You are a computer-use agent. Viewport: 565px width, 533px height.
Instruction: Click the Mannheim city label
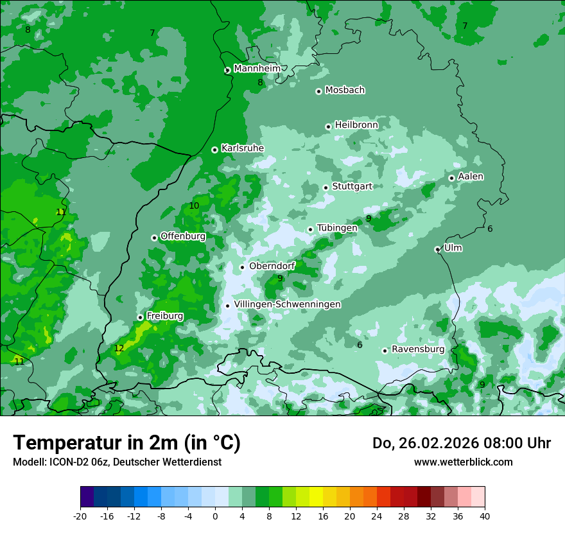[x=257, y=69]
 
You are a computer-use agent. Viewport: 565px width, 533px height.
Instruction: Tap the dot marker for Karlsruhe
[x=214, y=150]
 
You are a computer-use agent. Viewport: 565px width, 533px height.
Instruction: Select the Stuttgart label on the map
[x=352, y=187]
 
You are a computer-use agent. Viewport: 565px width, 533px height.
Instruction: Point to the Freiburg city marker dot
[x=140, y=317]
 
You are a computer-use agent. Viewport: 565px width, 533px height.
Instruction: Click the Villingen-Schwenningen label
[x=287, y=304]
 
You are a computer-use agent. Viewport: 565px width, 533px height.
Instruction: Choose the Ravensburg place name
[x=418, y=349]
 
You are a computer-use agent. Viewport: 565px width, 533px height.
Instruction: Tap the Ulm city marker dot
[x=437, y=249]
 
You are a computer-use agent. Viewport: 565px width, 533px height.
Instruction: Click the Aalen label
[x=471, y=177]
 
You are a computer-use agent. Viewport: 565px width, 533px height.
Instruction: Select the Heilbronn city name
[x=356, y=125]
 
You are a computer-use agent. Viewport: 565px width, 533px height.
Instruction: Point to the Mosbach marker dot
[x=318, y=91]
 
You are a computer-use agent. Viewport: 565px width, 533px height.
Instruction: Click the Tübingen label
[x=337, y=229]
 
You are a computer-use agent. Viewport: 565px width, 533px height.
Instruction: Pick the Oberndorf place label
[x=272, y=266]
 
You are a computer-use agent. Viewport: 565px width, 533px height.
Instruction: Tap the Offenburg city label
[x=183, y=236]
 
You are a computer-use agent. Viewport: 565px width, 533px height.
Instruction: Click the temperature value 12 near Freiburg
[x=119, y=349]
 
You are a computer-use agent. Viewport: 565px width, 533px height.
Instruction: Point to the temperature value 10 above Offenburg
[x=194, y=206]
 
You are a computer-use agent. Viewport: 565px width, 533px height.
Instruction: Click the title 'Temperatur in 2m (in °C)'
[x=126, y=442]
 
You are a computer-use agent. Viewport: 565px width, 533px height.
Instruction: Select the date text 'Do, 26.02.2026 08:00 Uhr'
[x=462, y=443]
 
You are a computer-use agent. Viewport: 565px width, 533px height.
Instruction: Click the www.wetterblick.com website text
[x=463, y=462]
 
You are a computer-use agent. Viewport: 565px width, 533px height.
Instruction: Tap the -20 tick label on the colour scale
[x=80, y=516]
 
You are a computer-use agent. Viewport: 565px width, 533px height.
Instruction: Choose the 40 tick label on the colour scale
[x=484, y=516]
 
